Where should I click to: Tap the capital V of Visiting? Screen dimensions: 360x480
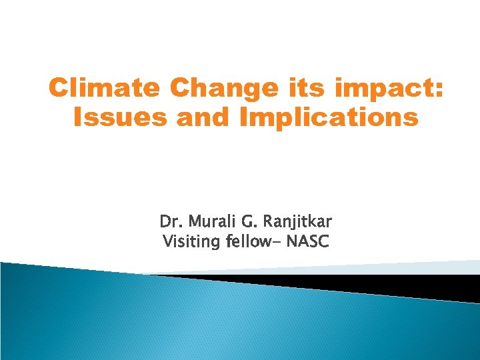(x=167, y=241)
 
